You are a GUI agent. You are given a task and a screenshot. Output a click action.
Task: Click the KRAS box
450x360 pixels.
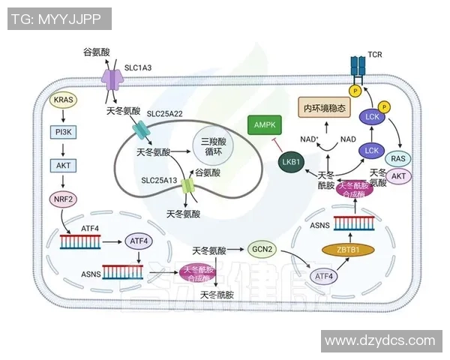pyautogui.click(x=62, y=100)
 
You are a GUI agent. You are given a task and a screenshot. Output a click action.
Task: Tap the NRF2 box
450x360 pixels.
pyautogui.click(x=62, y=199)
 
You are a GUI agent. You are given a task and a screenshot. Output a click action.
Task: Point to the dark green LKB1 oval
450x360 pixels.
pyautogui.click(x=288, y=161)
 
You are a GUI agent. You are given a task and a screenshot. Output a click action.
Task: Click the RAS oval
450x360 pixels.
pyautogui.click(x=398, y=159)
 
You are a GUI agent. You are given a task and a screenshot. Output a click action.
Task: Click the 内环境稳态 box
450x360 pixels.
pyautogui.click(x=325, y=108)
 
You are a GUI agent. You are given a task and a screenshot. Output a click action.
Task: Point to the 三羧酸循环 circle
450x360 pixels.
pyautogui.click(x=213, y=146)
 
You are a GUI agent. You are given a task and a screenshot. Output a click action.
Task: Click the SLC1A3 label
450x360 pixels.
pyautogui.click(x=137, y=67)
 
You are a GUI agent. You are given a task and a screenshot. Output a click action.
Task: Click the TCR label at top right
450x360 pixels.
pyautogui.click(x=375, y=55)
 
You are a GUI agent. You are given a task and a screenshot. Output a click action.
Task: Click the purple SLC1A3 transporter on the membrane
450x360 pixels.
pyautogui.click(x=112, y=79)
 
